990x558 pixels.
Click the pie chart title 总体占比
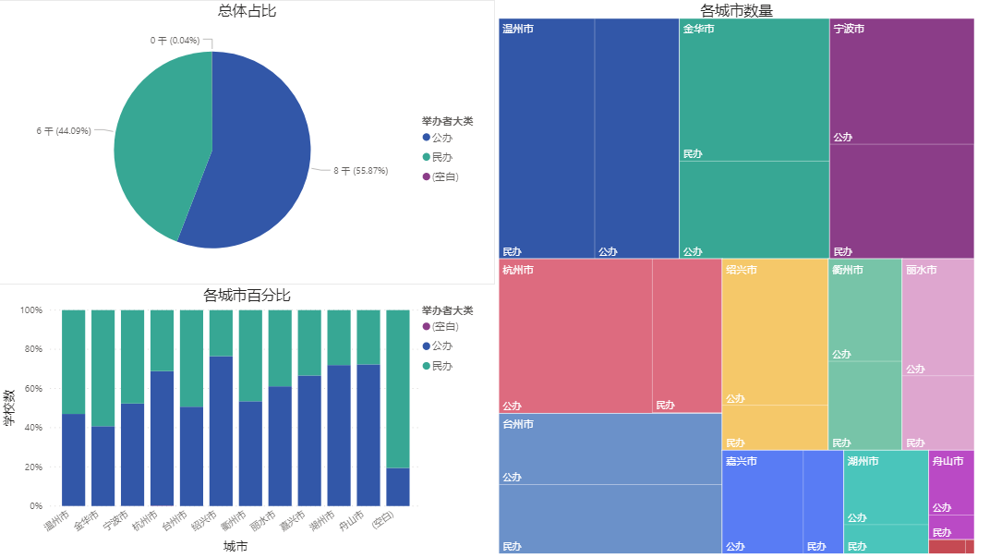247,11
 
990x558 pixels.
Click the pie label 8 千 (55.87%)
360,171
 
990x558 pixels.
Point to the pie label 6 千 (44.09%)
64,131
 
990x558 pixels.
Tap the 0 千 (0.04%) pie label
175,41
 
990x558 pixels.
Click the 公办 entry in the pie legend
441,138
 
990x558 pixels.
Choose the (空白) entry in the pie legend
445,176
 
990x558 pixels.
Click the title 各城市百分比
247,296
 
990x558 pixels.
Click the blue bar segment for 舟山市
368,434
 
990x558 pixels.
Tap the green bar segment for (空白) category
398,388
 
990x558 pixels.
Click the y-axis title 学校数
9,407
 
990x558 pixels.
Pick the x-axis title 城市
235,547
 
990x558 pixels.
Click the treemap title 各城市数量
736,11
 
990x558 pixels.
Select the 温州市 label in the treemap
517,30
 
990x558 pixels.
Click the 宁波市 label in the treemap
849,30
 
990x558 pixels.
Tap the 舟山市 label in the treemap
948,461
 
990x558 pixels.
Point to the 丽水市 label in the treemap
921,270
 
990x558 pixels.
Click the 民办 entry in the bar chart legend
441,366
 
